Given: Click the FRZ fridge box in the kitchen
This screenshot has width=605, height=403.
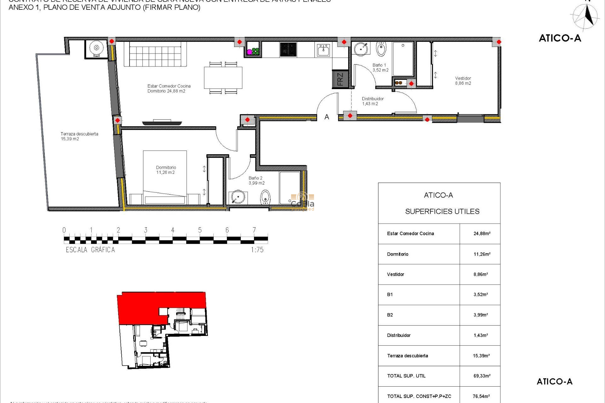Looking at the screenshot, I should tap(340, 79).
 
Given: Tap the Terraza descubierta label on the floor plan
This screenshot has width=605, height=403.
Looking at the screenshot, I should tap(79, 136).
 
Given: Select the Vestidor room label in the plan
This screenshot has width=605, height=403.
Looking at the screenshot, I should tap(463, 81).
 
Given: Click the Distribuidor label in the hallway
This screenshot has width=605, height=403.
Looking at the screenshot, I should tap(372, 101).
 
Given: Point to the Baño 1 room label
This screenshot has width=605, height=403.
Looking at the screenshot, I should tap(380, 68).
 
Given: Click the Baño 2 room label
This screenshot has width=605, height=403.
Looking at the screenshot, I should tap(256, 180).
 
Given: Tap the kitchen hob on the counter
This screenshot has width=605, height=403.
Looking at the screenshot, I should tap(288, 50).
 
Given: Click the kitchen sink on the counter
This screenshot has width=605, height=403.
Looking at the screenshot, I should tap(323, 50).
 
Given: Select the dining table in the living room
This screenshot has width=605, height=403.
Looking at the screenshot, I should tap(223, 77).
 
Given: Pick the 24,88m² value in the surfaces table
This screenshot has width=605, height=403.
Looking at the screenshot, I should tap(482, 234).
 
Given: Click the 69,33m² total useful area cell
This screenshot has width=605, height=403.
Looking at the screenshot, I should tap(482, 376).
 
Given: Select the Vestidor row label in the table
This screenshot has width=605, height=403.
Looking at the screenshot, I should tap(395, 275).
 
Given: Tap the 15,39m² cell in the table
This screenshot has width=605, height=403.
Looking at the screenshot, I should tap(481, 356).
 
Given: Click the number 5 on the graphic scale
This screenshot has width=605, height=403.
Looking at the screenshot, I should tap(200, 230).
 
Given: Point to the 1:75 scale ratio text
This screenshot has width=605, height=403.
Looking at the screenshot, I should tap(257, 250).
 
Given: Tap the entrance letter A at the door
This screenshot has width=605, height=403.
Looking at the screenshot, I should tap(327, 117).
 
